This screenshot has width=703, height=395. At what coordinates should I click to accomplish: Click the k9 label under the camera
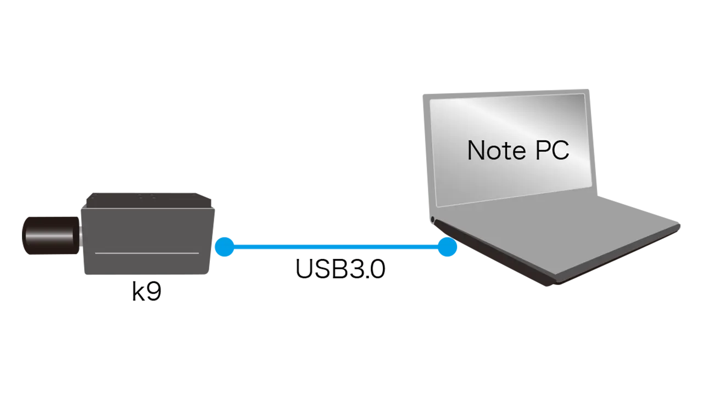coord(147,291)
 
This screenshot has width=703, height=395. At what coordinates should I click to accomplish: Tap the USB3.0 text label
coord(341,269)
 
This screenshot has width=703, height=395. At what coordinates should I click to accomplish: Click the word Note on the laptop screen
coord(496,150)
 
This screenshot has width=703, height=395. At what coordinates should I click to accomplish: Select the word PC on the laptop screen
coord(553,150)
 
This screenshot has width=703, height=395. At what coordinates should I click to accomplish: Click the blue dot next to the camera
coord(225,247)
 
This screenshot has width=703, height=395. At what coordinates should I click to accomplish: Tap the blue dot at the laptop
coord(447,247)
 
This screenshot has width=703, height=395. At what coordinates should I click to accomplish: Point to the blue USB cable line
coord(336,247)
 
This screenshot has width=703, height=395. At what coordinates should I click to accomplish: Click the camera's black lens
coord(50,235)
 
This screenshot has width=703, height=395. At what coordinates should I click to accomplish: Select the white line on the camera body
coord(147,253)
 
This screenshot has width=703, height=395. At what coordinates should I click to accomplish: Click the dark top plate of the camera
coord(149,200)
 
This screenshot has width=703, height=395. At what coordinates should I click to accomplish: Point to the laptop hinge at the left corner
coord(432,219)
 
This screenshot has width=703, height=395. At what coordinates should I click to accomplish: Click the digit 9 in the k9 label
coord(154,291)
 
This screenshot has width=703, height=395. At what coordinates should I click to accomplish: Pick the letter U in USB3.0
coord(304,269)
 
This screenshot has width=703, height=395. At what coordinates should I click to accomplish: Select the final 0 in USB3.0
coord(377,269)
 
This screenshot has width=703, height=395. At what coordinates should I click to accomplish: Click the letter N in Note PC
coord(476,150)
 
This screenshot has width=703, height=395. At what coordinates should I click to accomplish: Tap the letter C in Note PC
coord(561,150)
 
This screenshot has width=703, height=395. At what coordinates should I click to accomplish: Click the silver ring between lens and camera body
coord(81,235)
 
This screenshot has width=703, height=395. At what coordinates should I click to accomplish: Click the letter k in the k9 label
coord(138,291)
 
